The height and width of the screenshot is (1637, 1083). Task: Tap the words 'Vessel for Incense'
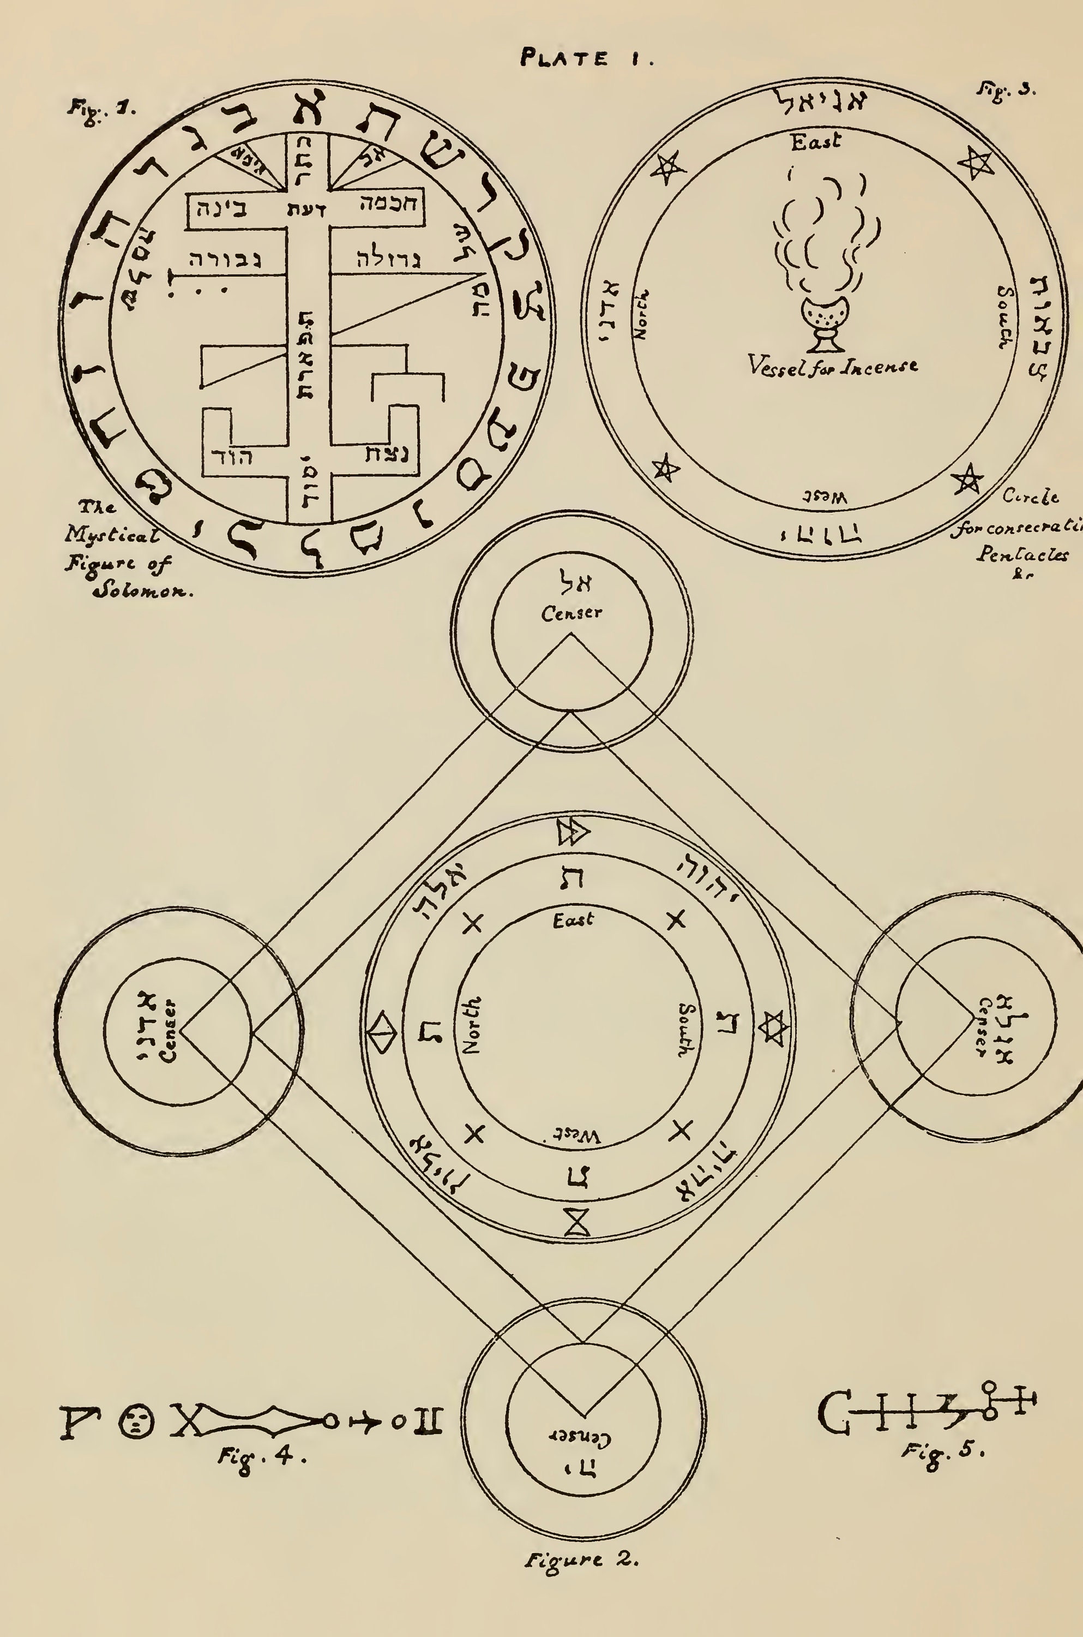point(832,365)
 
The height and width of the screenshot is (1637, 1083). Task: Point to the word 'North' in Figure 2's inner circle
point(472,1025)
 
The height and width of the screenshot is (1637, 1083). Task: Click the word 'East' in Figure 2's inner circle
point(573,921)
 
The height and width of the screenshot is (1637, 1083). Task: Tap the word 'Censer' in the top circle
point(571,612)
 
